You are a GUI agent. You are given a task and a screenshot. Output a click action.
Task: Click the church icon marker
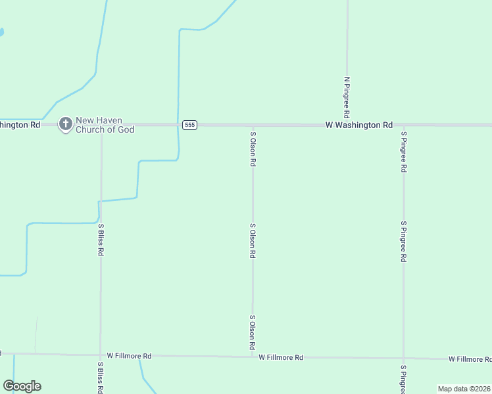click(x=66, y=123)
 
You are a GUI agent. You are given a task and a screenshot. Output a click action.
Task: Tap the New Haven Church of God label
click(x=105, y=125)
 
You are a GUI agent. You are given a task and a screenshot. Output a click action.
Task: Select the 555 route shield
click(x=189, y=125)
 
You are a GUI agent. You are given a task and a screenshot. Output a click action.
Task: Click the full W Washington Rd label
click(x=360, y=125)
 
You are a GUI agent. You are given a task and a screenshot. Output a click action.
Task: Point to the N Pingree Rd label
click(x=347, y=97)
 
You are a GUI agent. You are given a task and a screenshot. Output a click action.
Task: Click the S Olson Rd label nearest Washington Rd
click(x=253, y=149)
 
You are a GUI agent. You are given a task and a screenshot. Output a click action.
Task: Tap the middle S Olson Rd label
click(x=253, y=240)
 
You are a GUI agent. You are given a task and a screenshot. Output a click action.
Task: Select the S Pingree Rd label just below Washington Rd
click(x=404, y=152)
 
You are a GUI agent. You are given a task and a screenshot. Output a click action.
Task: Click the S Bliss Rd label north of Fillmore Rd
click(x=101, y=240)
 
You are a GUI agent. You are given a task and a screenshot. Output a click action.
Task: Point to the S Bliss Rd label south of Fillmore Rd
click(x=101, y=377)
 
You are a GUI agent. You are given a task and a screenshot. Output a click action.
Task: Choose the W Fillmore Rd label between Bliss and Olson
click(x=130, y=356)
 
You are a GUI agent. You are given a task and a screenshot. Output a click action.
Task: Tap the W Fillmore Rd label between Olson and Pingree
click(x=281, y=358)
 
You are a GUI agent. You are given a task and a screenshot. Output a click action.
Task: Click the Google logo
click(x=22, y=386)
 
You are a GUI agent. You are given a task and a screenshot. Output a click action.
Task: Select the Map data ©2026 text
click(x=464, y=389)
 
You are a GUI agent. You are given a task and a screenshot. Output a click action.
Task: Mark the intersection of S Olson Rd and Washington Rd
click(x=253, y=125)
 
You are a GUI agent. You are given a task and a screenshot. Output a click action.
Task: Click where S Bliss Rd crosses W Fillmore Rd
click(x=101, y=355)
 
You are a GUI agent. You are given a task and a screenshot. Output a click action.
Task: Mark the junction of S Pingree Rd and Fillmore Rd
click(x=404, y=359)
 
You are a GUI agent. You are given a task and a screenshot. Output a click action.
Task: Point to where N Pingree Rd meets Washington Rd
click(x=347, y=125)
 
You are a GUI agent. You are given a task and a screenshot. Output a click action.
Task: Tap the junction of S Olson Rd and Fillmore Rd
click(x=253, y=357)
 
